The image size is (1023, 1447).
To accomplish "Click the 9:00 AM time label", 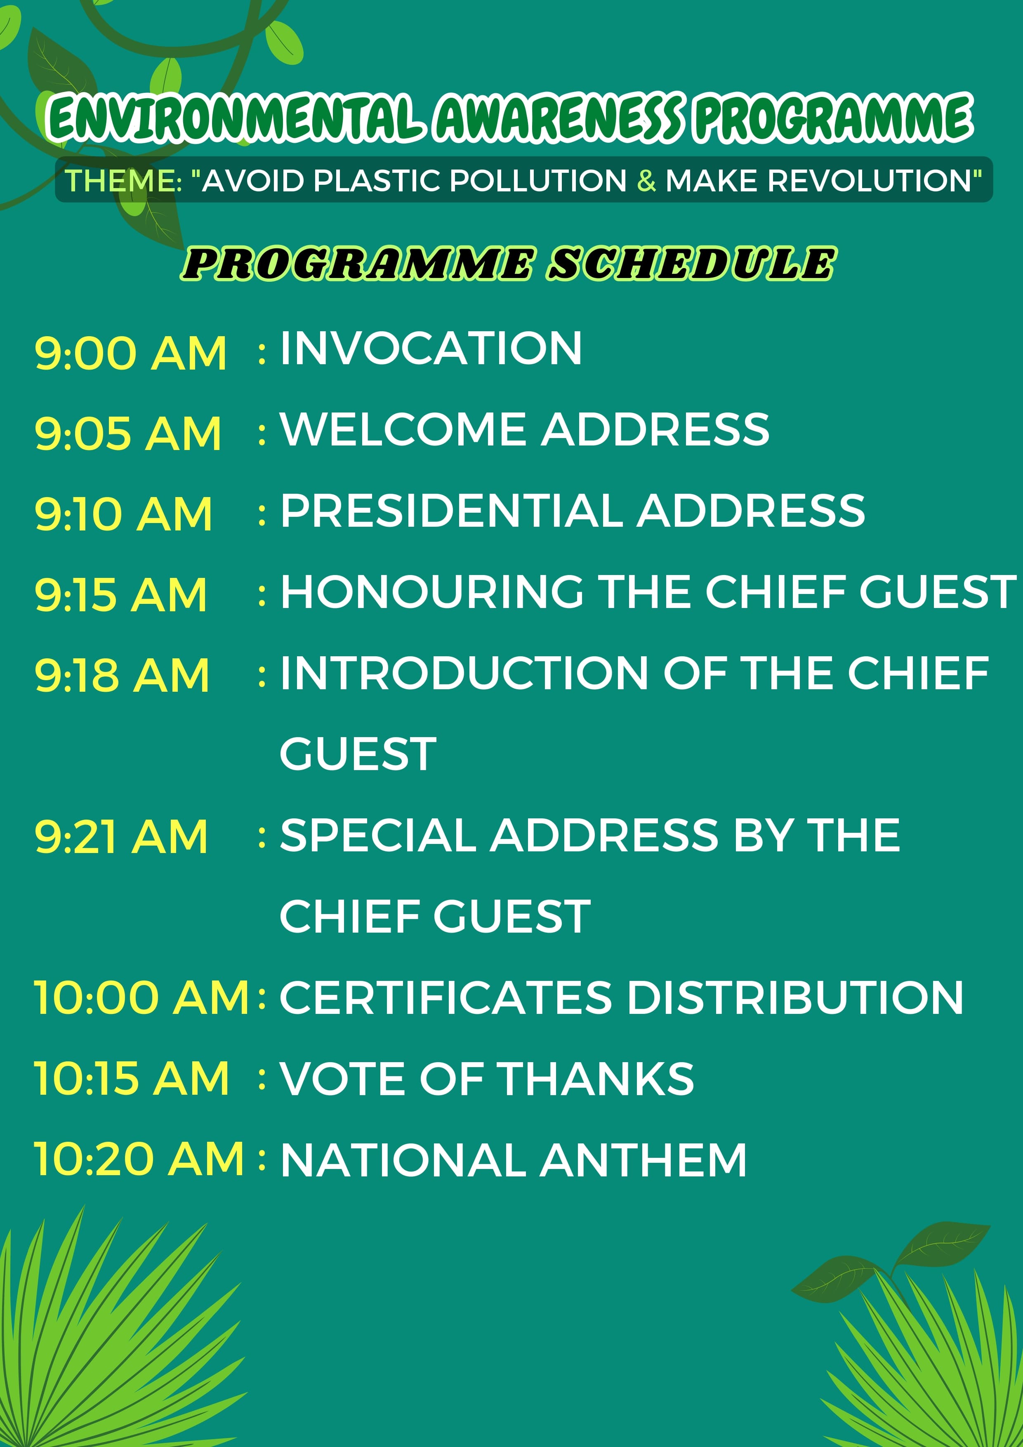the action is (x=130, y=353).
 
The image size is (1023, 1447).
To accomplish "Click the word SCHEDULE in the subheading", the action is (x=691, y=264).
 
